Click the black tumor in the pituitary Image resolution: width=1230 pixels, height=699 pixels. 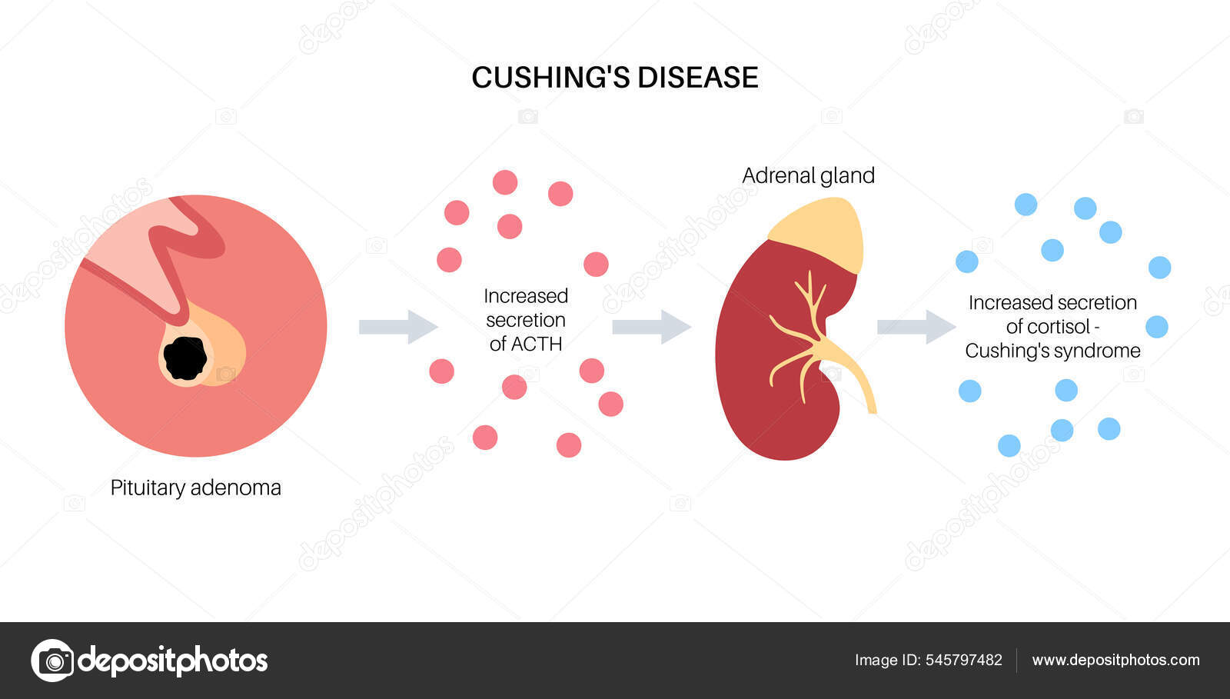pos(184,358)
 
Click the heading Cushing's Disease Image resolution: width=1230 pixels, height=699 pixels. pos(614,78)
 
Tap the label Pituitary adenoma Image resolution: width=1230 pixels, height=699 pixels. pos(195,488)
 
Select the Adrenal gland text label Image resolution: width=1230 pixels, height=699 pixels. pos(808,175)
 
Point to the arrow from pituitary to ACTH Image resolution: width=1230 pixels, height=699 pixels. pos(397,327)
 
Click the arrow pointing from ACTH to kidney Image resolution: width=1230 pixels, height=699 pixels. pos(650,327)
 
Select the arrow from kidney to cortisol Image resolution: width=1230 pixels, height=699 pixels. pos(916,327)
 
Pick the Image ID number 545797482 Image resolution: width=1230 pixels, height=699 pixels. pos(964,660)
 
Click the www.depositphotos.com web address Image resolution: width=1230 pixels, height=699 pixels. pos(1115,660)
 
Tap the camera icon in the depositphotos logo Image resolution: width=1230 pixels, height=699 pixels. pos(53,660)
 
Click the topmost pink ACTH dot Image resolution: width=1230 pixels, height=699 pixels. pos(505,182)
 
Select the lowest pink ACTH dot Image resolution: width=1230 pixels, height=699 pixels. pos(569,445)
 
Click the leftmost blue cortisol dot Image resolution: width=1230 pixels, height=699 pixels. pos(966,261)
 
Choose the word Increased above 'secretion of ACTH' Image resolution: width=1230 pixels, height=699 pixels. pos(526,296)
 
